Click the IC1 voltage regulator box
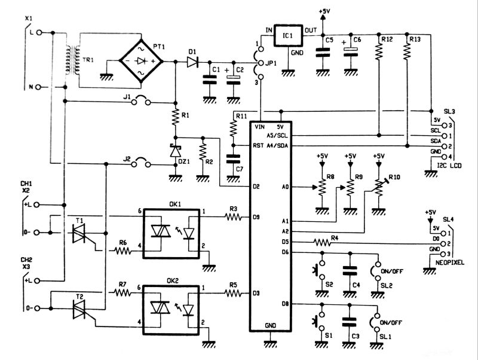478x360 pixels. pyautogui.click(x=288, y=37)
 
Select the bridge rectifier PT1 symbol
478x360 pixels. pyautogui.click(x=142, y=60)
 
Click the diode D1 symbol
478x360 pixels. pyautogui.click(x=193, y=62)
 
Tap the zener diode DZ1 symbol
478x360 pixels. pyautogui.click(x=175, y=151)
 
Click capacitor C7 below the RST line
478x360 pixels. pyautogui.click(x=233, y=158)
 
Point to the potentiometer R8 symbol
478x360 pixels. pyautogui.click(x=321, y=187)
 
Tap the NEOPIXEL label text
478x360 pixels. pyautogui.click(x=451, y=262)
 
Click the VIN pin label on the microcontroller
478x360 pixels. pyautogui.click(x=259, y=127)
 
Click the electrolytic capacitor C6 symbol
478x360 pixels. pyautogui.click(x=350, y=53)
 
